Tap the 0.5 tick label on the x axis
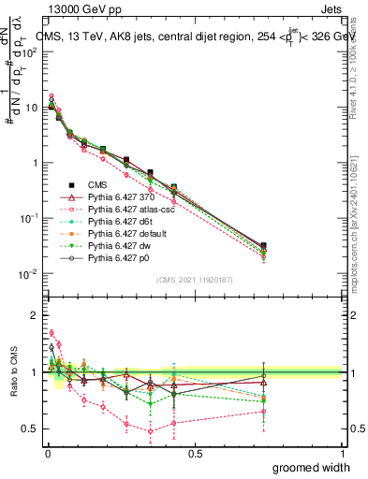[195, 454]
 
